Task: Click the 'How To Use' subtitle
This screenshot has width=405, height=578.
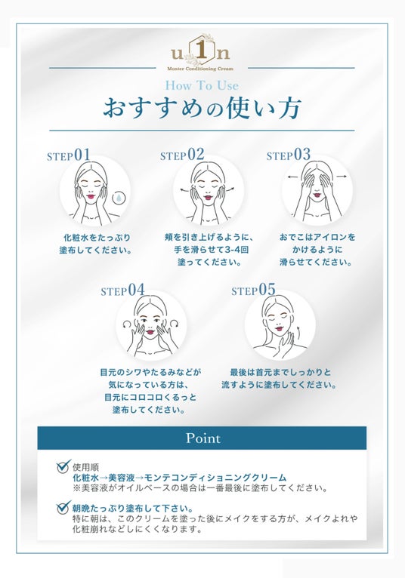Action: pyautogui.click(x=202, y=85)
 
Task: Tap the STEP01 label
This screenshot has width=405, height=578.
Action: pyautogui.click(x=69, y=155)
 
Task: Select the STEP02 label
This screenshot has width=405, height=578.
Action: pyautogui.click(x=182, y=155)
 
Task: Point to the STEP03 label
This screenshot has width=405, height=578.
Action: pyautogui.click(x=289, y=155)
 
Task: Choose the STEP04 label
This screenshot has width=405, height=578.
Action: pyautogui.click(x=122, y=290)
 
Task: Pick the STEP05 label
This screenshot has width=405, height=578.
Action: pyautogui.click(x=253, y=290)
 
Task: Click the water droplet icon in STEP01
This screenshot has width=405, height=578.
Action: pyautogui.click(x=119, y=198)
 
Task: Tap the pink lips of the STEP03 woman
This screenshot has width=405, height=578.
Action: pyautogui.click(x=317, y=192)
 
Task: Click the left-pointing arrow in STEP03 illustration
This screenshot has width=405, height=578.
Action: pyautogui.click(x=292, y=177)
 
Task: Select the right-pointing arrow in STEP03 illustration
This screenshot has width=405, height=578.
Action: pyautogui.click(x=342, y=177)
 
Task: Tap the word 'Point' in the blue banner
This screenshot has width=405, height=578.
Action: pyautogui.click(x=203, y=438)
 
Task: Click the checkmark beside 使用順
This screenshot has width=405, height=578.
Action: pyautogui.click(x=64, y=466)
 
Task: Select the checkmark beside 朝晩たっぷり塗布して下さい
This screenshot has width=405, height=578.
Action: pyautogui.click(x=64, y=507)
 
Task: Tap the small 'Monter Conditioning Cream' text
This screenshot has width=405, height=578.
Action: pyautogui.click(x=200, y=69)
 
